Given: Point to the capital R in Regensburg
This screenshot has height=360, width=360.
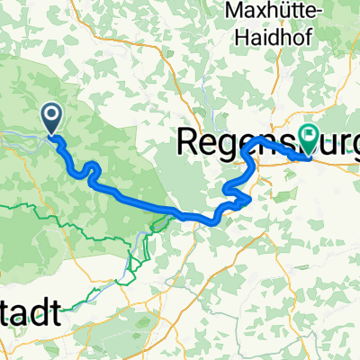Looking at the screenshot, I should [190, 140].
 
